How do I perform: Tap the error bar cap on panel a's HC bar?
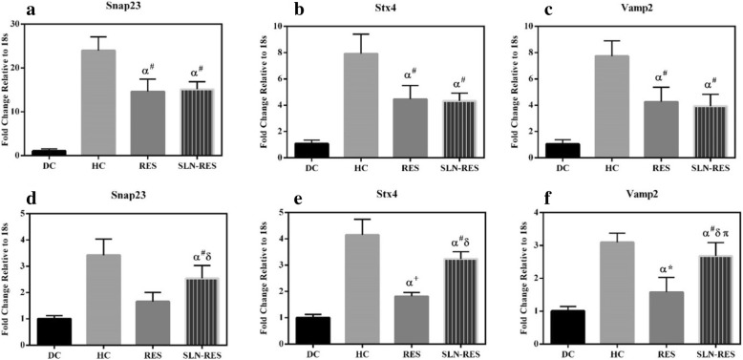[x=97, y=36]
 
